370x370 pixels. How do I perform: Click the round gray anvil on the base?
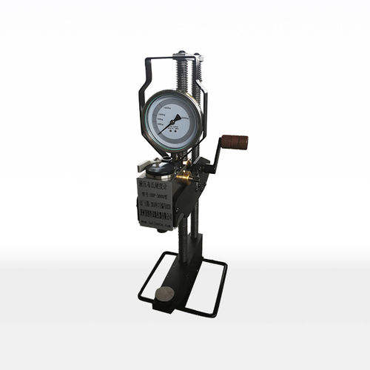[165, 294]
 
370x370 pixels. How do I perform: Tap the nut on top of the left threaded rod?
[178, 54]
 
